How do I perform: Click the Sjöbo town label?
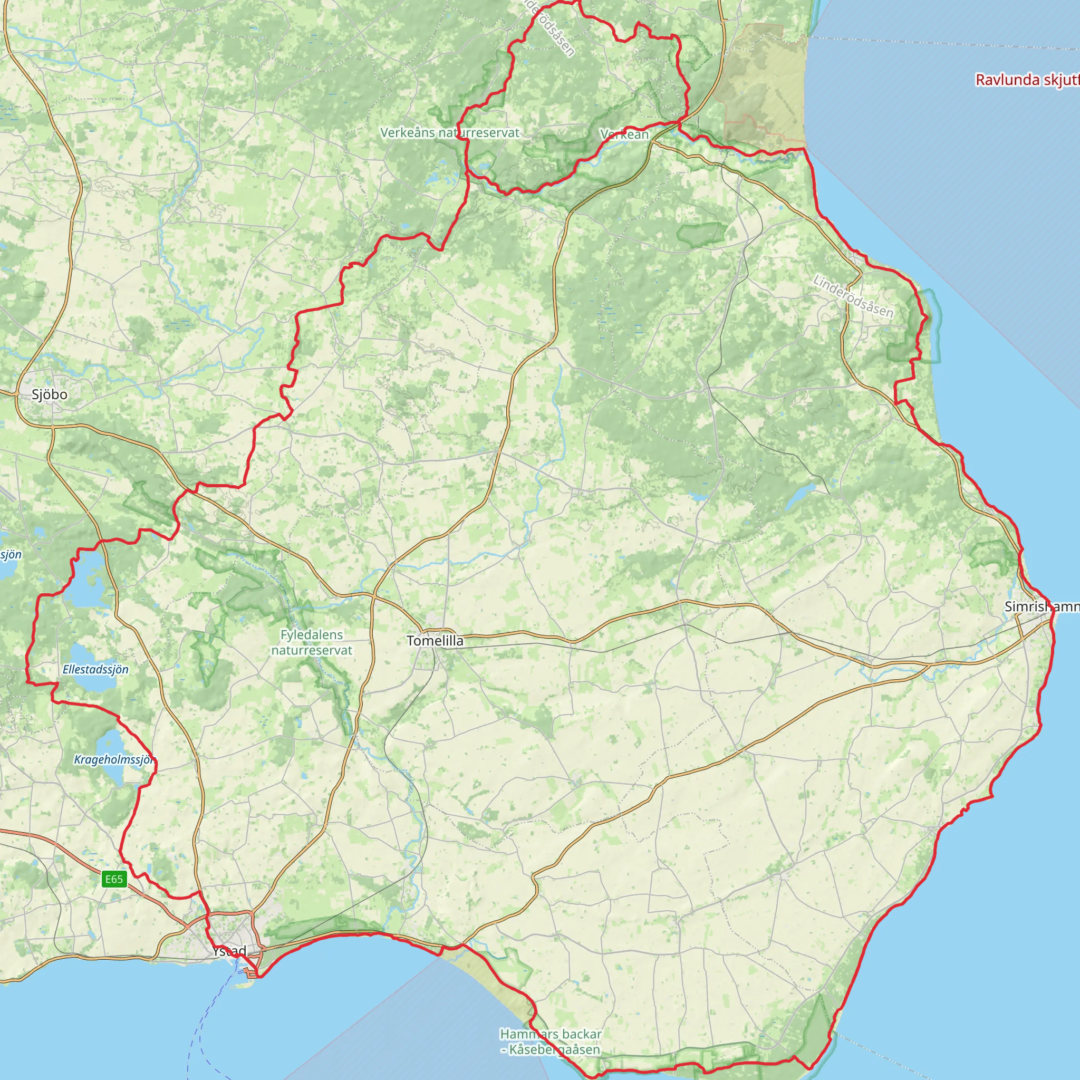pos(49,394)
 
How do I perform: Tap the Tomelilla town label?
pos(435,641)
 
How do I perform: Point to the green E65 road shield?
pos(113,879)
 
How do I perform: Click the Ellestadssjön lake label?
pos(95,669)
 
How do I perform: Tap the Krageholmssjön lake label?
pos(114,760)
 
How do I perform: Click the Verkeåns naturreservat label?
pos(449,132)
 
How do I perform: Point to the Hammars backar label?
pos(551,1034)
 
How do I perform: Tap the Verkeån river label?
pos(624,134)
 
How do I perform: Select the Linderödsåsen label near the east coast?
pos(853,296)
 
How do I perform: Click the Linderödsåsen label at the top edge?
pos(551,28)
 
